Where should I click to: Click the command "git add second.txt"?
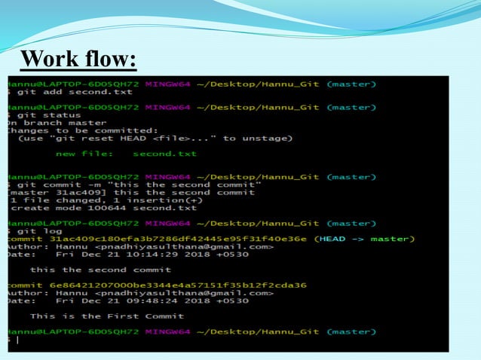pyautogui.click(x=72, y=93)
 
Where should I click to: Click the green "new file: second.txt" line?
pyautogui.click(x=126, y=154)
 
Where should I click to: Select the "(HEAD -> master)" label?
pyautogui.click(x=364, y=239)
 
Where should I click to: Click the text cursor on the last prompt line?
pyautogui.click(x=17, y=340)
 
